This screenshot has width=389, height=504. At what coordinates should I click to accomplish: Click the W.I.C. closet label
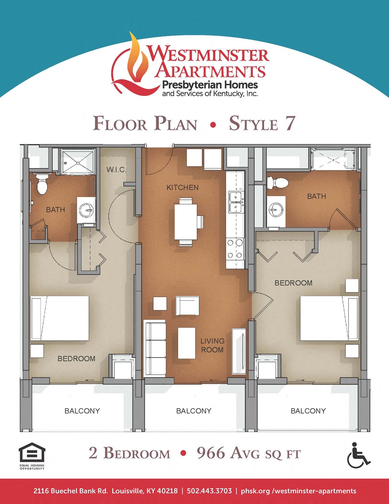coord(116,169)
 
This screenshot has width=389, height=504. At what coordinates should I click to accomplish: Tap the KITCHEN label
coord(182,188)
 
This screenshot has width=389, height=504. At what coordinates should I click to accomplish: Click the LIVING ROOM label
coord(212,345)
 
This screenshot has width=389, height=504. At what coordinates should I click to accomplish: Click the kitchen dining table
coord(186,221)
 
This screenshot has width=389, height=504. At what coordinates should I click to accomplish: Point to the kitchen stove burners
coord(235,248)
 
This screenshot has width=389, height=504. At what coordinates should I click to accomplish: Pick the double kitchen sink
coord(236,202)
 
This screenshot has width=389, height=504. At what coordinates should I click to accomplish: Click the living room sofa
coord(155,348)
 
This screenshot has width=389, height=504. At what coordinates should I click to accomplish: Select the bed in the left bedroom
coord(60,318)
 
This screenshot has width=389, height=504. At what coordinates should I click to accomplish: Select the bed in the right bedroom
coord(329,318)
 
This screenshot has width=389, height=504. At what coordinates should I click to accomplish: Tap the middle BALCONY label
coord(194,411)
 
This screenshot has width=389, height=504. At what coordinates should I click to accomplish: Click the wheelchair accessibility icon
coord(357,455)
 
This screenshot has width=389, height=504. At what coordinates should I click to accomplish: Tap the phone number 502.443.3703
coord(209,491)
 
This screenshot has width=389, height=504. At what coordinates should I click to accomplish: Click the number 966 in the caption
coord(211,453)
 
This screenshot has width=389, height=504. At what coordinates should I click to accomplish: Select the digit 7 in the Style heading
coord(290,124)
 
